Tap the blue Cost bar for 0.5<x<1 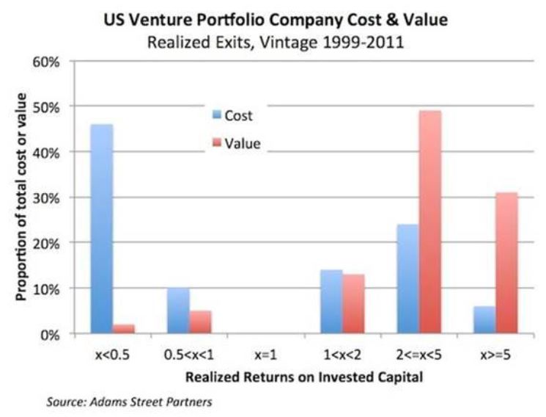coord(179,311)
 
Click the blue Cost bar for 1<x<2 coord(331,302)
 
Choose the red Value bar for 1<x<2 coord(353,304)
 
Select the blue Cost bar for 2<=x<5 coord(407,279)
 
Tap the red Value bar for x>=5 coord(506,264)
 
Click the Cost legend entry coord(232,115)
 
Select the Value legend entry coord(235,143)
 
